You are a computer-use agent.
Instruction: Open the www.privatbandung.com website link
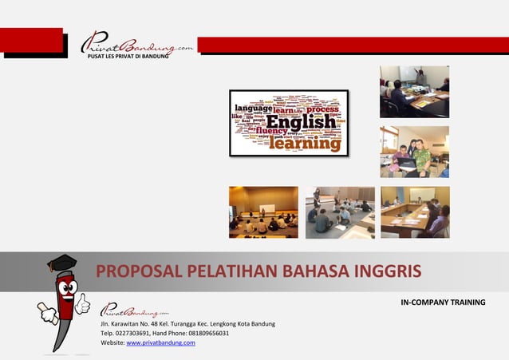160,342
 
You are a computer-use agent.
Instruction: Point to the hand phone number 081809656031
203,333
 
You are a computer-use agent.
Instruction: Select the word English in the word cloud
301,124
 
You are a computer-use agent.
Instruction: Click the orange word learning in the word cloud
304,144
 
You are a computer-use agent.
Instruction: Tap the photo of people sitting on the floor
340,212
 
